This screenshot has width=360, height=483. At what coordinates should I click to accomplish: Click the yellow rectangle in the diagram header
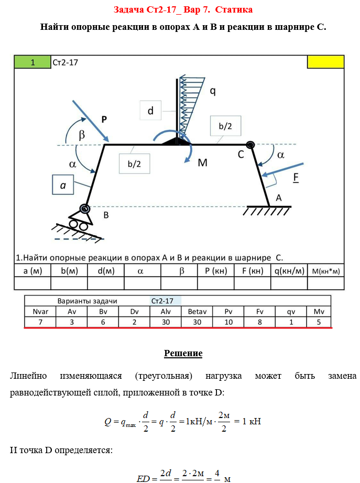coord(325,62)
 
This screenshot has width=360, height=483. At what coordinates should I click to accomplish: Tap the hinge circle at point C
coord(250,145)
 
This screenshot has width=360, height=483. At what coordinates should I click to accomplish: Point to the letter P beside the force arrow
coord(104,119)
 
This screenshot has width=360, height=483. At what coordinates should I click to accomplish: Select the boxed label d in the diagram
coord(151,111)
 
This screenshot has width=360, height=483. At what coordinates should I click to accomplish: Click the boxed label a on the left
coord(62,185)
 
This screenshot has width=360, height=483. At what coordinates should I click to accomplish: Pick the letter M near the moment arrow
coord(203,163)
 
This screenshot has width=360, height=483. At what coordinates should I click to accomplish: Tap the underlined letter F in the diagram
coord(296,177)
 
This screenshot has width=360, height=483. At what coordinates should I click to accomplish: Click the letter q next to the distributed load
coord(213,91)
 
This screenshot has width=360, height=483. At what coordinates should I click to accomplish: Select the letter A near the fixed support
coord(279,197)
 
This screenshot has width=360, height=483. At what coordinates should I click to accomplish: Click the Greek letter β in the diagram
coord(82,135)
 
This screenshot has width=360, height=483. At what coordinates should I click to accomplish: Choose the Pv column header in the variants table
coord(228,311)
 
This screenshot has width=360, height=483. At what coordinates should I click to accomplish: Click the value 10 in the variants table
coord(228,322)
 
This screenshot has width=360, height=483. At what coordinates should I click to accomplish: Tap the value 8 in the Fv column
coord(260,322)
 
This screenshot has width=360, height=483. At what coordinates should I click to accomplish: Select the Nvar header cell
coord(40,311)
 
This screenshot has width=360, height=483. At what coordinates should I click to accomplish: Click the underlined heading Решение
coord(183,353)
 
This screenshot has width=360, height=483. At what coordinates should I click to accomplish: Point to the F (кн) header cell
coord(252,271)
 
